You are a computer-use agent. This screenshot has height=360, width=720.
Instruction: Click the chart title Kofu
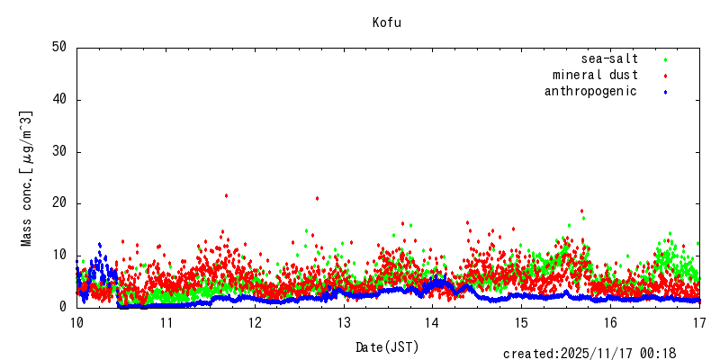click(x=387, y=22)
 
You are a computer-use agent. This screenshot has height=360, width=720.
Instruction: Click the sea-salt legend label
click(x=609, y=58)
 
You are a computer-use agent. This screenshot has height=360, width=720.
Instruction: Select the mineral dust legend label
click(x=595, y=75)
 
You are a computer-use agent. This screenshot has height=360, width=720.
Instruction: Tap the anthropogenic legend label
click(x=590, y=91)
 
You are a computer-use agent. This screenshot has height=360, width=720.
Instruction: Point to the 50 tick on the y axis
click(x=60, y=47)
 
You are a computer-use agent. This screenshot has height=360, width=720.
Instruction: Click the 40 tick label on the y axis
click(x=60, y=99)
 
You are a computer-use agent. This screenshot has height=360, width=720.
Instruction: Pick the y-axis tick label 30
click(x=60, y=151)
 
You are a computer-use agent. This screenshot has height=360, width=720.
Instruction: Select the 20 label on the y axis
click(x=60, y=203)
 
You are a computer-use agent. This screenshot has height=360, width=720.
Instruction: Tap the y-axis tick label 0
click(x=64, y=307)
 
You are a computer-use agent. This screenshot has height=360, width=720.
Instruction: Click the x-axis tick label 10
click(x=76, y=321)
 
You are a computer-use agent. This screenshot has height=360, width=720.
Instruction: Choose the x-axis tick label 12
click(x=255, y=321)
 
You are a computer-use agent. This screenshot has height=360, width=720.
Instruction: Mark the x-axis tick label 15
click(x=521, y=321)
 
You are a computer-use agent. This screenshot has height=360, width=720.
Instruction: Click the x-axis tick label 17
click(x=699, y=321)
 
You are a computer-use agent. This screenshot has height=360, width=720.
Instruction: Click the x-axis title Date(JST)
click(x=387, y=346)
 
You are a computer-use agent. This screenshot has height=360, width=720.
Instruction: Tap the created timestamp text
click(x=589, y=354)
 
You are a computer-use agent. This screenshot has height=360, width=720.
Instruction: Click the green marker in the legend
click(x=665, y=59)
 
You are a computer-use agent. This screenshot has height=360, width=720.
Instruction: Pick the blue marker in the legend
click(x=665, y=92)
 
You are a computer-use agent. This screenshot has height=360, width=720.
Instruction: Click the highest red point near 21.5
click(x=226, y=195)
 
